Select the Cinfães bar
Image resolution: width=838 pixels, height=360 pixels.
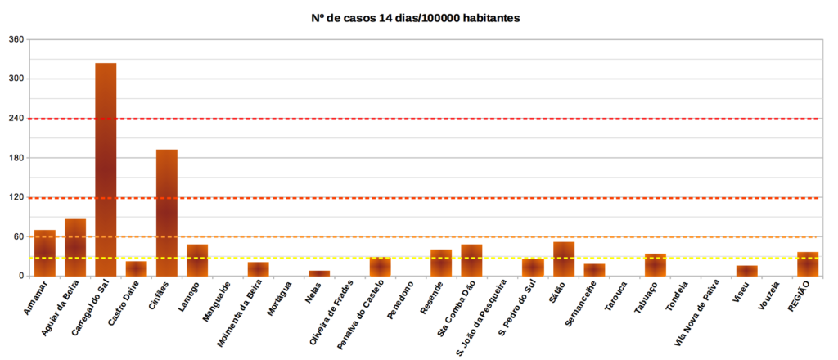point(167,213)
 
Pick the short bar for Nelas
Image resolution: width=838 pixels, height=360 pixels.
point(319,272)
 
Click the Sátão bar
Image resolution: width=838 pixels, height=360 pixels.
point(564,259)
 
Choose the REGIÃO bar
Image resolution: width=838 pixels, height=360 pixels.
point(808,263)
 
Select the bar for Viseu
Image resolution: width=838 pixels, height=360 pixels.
point(746,270)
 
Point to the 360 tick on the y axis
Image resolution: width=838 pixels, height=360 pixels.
point(16,39)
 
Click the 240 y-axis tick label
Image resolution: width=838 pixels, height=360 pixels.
point(16,119)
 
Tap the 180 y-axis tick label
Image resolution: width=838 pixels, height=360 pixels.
point(16,158)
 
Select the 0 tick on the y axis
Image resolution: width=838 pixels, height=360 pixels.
point(22,276)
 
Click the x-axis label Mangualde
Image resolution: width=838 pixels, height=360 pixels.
point(218,301)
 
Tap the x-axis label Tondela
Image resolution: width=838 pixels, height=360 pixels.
point(679,298)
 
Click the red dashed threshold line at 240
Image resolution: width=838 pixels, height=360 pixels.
point(491,119)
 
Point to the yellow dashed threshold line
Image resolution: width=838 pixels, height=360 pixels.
point(491,258)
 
